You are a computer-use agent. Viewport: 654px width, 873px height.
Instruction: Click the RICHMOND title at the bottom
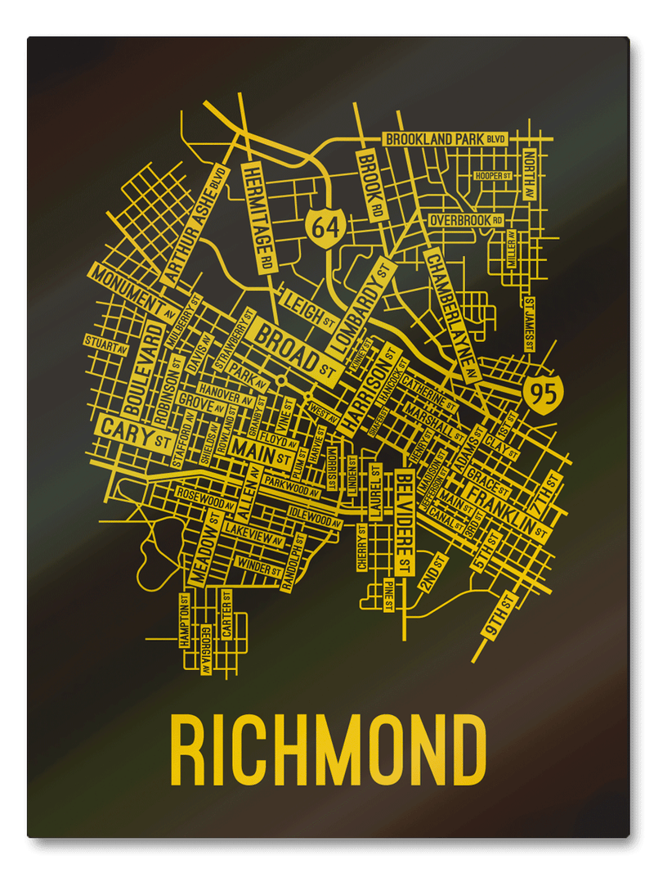pyautogui.click(x=327, y=751)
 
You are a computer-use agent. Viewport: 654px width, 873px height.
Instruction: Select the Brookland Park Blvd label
pyautogui.click(x=445, y=139)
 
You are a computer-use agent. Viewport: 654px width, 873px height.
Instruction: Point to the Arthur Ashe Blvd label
pyautogui.click(x=194, y=225)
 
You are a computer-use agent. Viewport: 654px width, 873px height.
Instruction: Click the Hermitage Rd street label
pyautogui.click(x=258, y=217)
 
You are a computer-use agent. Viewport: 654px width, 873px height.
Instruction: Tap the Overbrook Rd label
pyautogui.click(x=466, y=221)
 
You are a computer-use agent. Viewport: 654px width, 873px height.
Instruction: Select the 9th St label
pyautogui.click(x=498, y=616)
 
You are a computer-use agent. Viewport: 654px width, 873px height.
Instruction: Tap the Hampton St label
pyautogui.click(x=186, y=622)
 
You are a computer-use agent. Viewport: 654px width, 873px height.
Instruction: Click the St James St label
pyautogui.click(x=530, y=324)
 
